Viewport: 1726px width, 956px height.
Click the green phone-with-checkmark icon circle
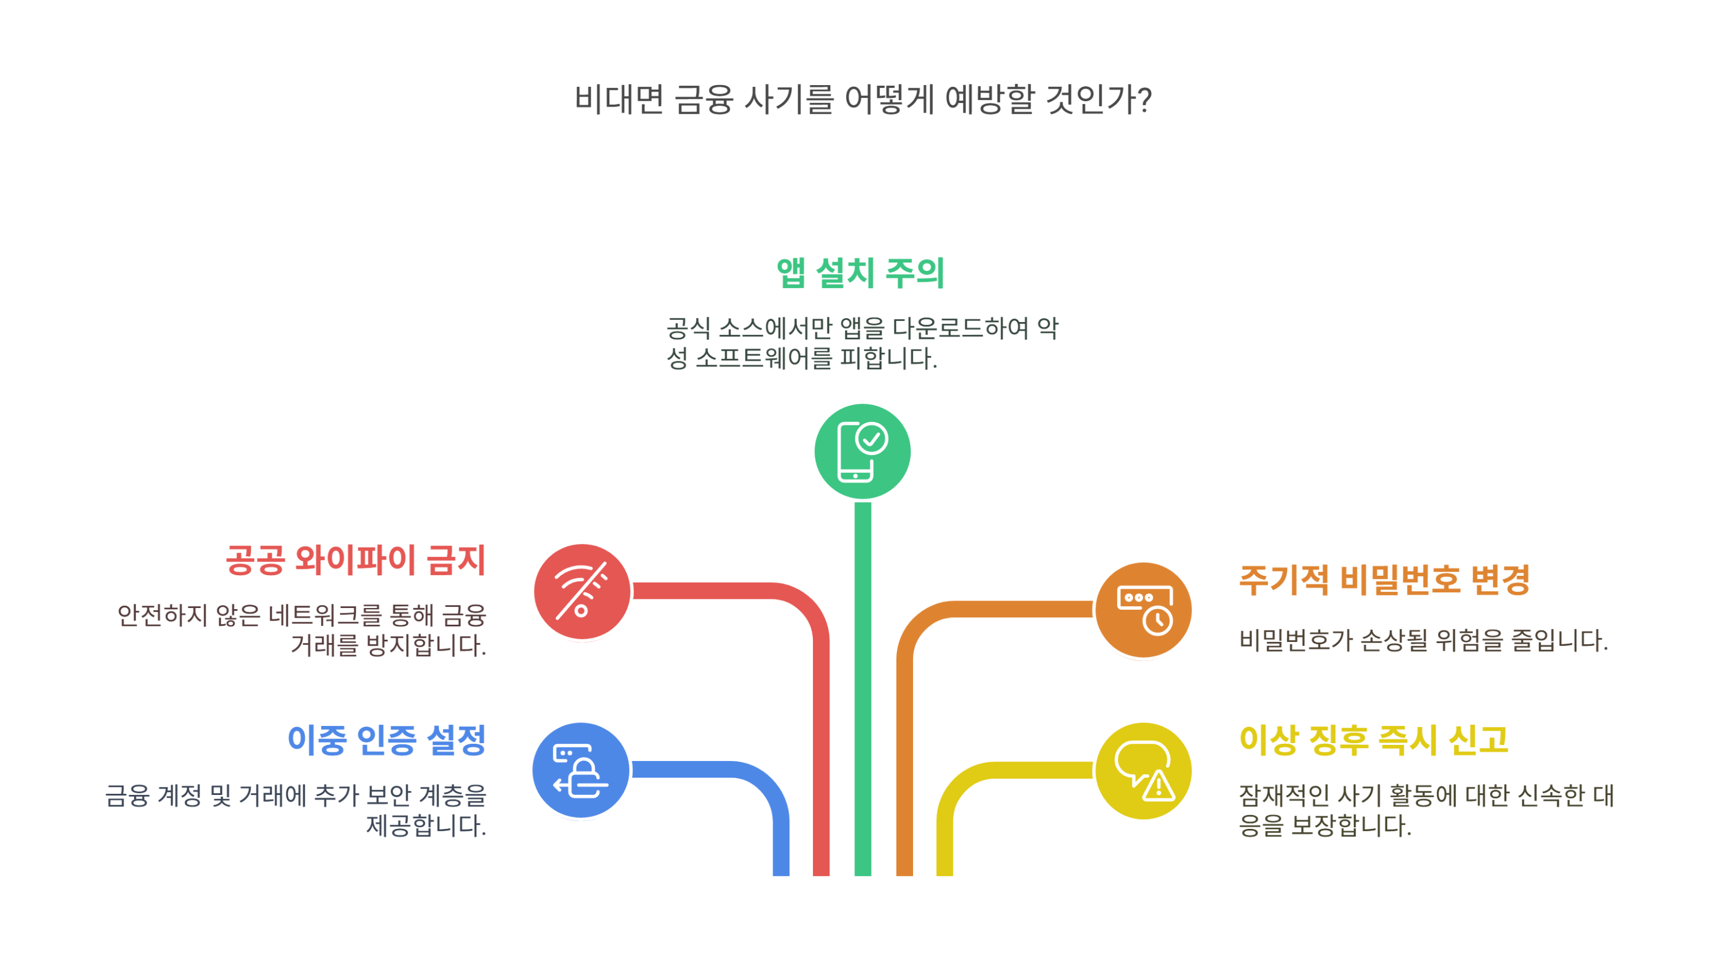[x=862, y=452]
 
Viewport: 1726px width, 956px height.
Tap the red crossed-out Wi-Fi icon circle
[x=582, y=591]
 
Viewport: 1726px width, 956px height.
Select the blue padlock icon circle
[x=581, y=770]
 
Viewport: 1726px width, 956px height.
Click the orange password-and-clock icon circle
[x=1143, y=610]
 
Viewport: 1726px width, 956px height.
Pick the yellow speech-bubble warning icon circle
[x=1143, y=770]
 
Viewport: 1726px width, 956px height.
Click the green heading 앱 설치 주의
[x=860, y=273]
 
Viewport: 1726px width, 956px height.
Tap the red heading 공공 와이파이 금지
[x=355, y=560]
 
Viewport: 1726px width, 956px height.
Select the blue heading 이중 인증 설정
[x=386, y=740]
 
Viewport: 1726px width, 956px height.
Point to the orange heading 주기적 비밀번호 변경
[x=1384, y=579]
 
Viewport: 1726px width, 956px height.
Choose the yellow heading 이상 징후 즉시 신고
[x=1373, y=740]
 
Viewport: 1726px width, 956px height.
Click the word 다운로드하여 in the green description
[x=960, y=328]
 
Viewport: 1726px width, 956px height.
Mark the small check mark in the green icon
[x=872, y=439]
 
